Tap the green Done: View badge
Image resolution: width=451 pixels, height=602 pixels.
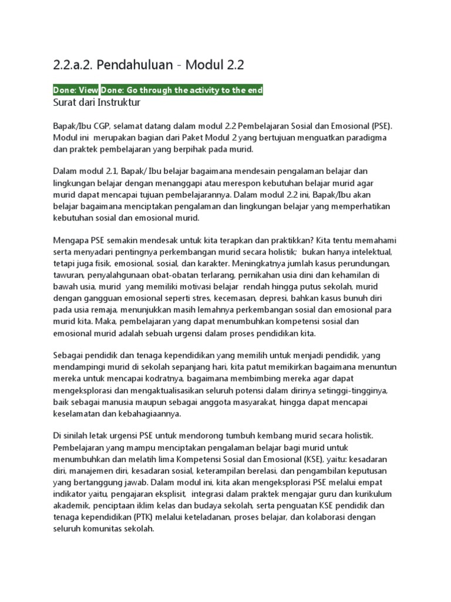pos(76,90)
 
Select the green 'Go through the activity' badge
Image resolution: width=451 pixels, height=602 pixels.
pos(182,90)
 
